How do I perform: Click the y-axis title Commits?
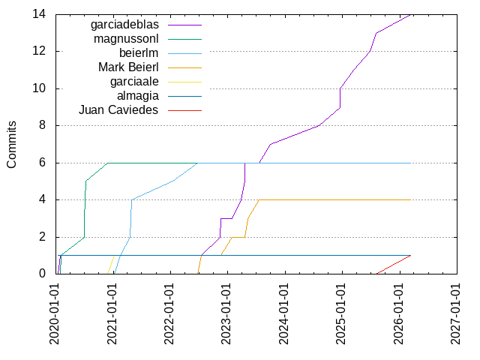(x=12, y=144)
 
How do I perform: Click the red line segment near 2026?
(x=394, y=264)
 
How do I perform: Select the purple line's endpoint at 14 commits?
(x=411, y=14)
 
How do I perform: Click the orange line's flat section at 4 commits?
(x=337, y=199)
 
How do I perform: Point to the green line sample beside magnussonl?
(x=185, y=38)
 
